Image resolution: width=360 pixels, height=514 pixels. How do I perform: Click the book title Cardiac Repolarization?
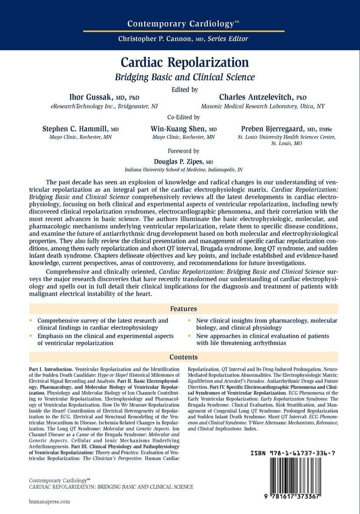coord(185,63)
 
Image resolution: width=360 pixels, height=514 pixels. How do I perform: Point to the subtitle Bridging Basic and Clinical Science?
coord(185,78)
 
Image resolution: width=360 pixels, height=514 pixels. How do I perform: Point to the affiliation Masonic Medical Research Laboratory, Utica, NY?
coord(263,106)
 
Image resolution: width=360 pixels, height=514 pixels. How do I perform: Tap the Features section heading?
coord(184,309)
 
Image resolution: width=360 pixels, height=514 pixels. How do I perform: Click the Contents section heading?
coord(184,357)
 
